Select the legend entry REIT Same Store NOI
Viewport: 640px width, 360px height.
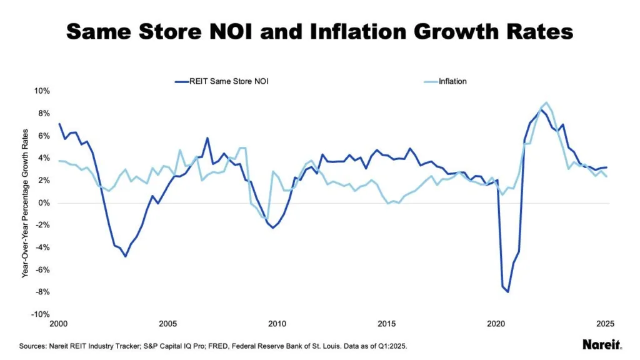[x=216, y=81]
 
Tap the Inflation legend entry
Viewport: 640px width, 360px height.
[x=452, y=81]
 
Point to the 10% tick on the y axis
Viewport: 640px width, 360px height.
[x=41, y=91]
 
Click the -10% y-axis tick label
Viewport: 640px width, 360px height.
[x=40, y=314]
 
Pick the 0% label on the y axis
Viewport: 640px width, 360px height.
[x=43, y=203]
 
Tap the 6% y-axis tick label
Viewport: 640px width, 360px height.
[x=43, y=136]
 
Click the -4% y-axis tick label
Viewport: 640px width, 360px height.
[x=42, y=247]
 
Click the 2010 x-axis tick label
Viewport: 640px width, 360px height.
[x=276, y=324]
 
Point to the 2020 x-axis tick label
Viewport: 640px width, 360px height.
[x=496, y=324]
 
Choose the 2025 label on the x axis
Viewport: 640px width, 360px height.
[x=605, y=324]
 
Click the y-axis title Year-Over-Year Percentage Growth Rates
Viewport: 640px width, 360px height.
[x=26, y=202]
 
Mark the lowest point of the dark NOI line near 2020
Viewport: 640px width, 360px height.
[x=508, y=291]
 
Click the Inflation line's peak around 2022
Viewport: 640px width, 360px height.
[x=547, y=102]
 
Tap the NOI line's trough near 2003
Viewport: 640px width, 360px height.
[x=125, y=256]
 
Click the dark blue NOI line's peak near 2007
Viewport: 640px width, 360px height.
[x=207, y=138]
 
